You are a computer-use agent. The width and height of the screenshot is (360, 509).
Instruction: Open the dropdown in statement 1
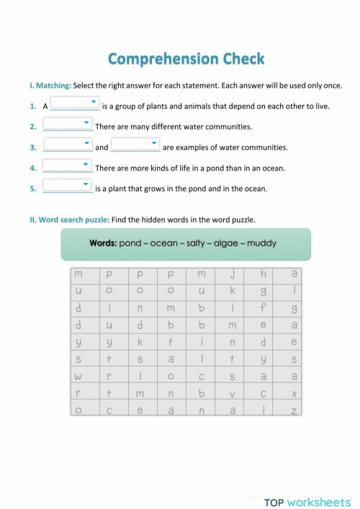coord(75,104)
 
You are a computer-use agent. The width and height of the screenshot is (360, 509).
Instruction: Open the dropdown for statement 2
coord(67,125)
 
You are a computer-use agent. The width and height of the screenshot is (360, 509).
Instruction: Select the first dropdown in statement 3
coord(67,146)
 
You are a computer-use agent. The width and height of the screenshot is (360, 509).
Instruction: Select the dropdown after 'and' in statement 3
coord(135,146)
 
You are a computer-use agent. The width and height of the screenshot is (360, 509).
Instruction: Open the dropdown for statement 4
coord(67,167)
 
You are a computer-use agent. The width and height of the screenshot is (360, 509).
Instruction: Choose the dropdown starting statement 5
coord(67,188)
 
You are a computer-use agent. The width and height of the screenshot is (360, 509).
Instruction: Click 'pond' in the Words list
coord(131,243)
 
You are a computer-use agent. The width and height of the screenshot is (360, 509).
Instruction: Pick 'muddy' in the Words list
coord(261,243)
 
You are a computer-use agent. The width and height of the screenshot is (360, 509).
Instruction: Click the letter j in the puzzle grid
coord(233,274)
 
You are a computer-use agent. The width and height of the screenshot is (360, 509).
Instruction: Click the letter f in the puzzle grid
coord(264,307)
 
